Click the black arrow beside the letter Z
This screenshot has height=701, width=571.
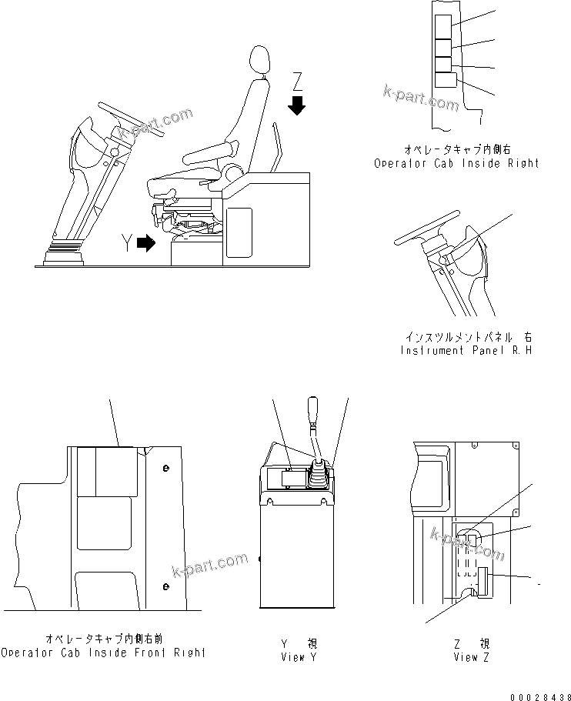tap(297, 105)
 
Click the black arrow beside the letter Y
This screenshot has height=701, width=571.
tap(145, 244)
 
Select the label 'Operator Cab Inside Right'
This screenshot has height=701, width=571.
tap(456, 163)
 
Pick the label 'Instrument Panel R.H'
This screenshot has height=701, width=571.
tap(466, 350)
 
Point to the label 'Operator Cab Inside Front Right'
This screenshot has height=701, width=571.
tap(103, 653)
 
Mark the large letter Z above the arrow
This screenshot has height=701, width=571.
tap(299, 81)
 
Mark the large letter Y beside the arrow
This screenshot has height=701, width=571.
tap(126, 245)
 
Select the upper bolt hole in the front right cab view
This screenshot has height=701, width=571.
tap(166, 468)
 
